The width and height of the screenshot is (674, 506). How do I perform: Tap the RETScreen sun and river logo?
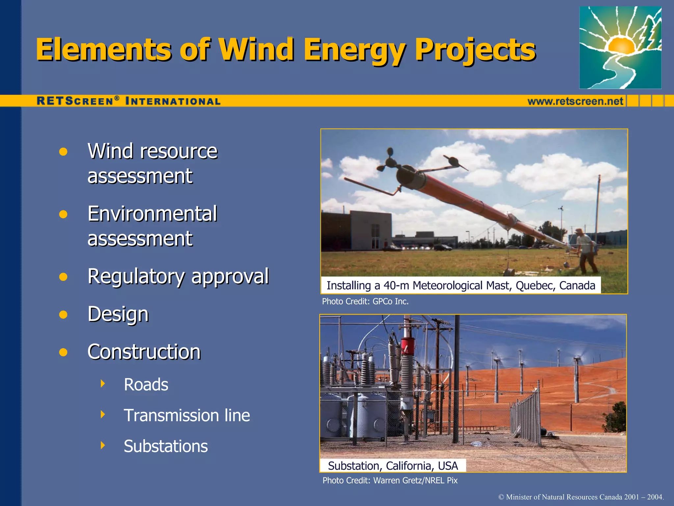pos(620,47)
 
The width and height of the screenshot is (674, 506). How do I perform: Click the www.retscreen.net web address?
pos(575,101)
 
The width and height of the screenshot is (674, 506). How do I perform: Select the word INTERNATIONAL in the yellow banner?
pos(173,101)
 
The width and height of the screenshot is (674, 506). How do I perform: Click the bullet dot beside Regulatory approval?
pos(63,277)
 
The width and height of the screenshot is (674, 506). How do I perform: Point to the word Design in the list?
pos(118,314)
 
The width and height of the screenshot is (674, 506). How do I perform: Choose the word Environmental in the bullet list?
pos(152,214)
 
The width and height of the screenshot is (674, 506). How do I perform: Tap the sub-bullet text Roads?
pos(146,384)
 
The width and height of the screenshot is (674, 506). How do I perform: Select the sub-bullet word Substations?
pos(166,446)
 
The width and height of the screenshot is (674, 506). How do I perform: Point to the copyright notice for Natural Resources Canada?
pos(581,497)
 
